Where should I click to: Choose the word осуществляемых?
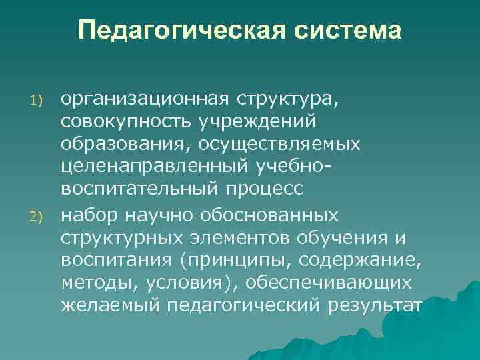tap(280, 144)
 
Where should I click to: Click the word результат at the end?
tap(373, 305)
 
